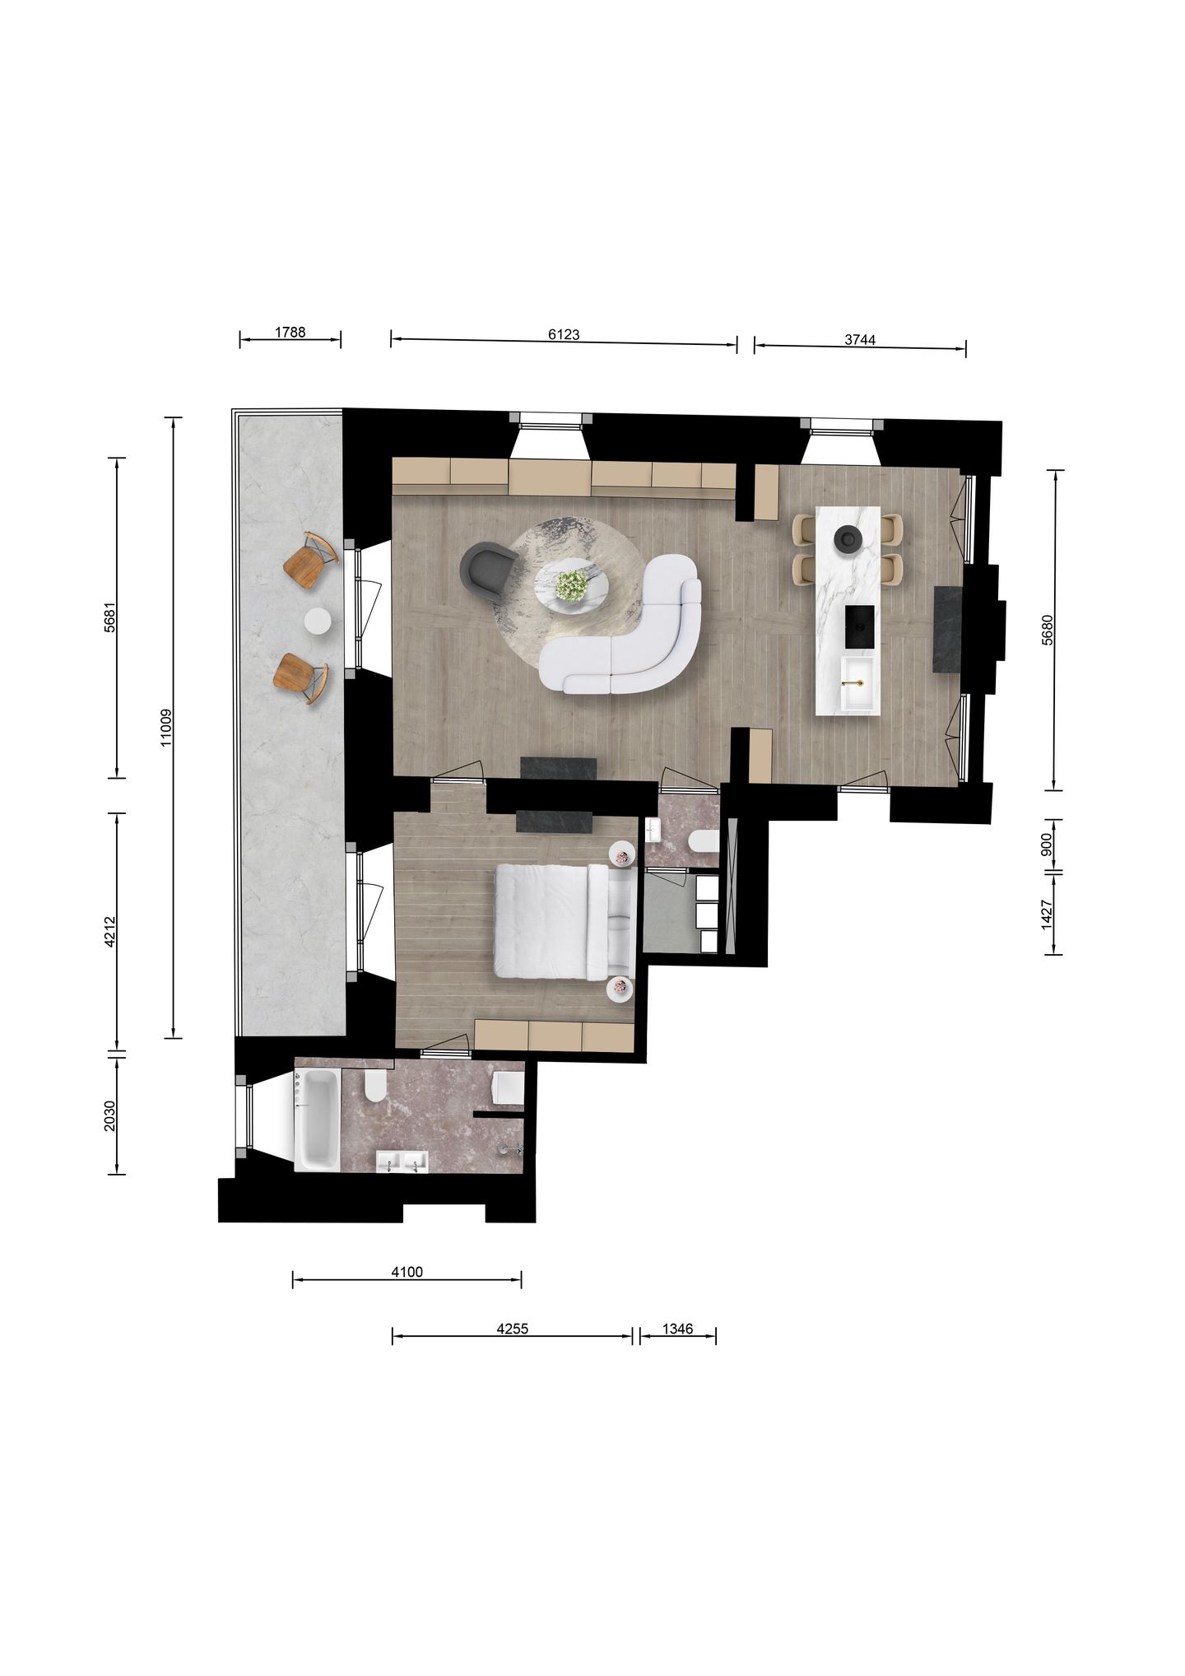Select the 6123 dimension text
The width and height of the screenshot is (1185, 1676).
coord(564,334)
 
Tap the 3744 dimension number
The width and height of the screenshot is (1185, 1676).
coord(860,339)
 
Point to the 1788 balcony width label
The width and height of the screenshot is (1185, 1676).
coord(290,332)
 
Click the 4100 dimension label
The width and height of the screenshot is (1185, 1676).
coord(407,1272)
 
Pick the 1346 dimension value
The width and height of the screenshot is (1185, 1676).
coord(677,1329)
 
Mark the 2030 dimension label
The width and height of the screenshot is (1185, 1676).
coord(109,1115)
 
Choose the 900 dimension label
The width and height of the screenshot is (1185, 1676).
coord(1047,845)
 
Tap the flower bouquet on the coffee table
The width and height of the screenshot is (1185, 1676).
coord(571,585)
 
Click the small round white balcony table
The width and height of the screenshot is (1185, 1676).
coord(318,621)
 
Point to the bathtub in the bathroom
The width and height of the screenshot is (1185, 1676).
coord(317,1119)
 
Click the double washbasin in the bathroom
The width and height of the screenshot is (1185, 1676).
coord(402,1162)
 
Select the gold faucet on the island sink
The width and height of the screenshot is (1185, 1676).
coord(854,682)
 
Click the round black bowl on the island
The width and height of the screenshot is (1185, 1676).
coord(847,539)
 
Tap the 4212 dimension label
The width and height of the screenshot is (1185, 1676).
coord(110,931)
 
